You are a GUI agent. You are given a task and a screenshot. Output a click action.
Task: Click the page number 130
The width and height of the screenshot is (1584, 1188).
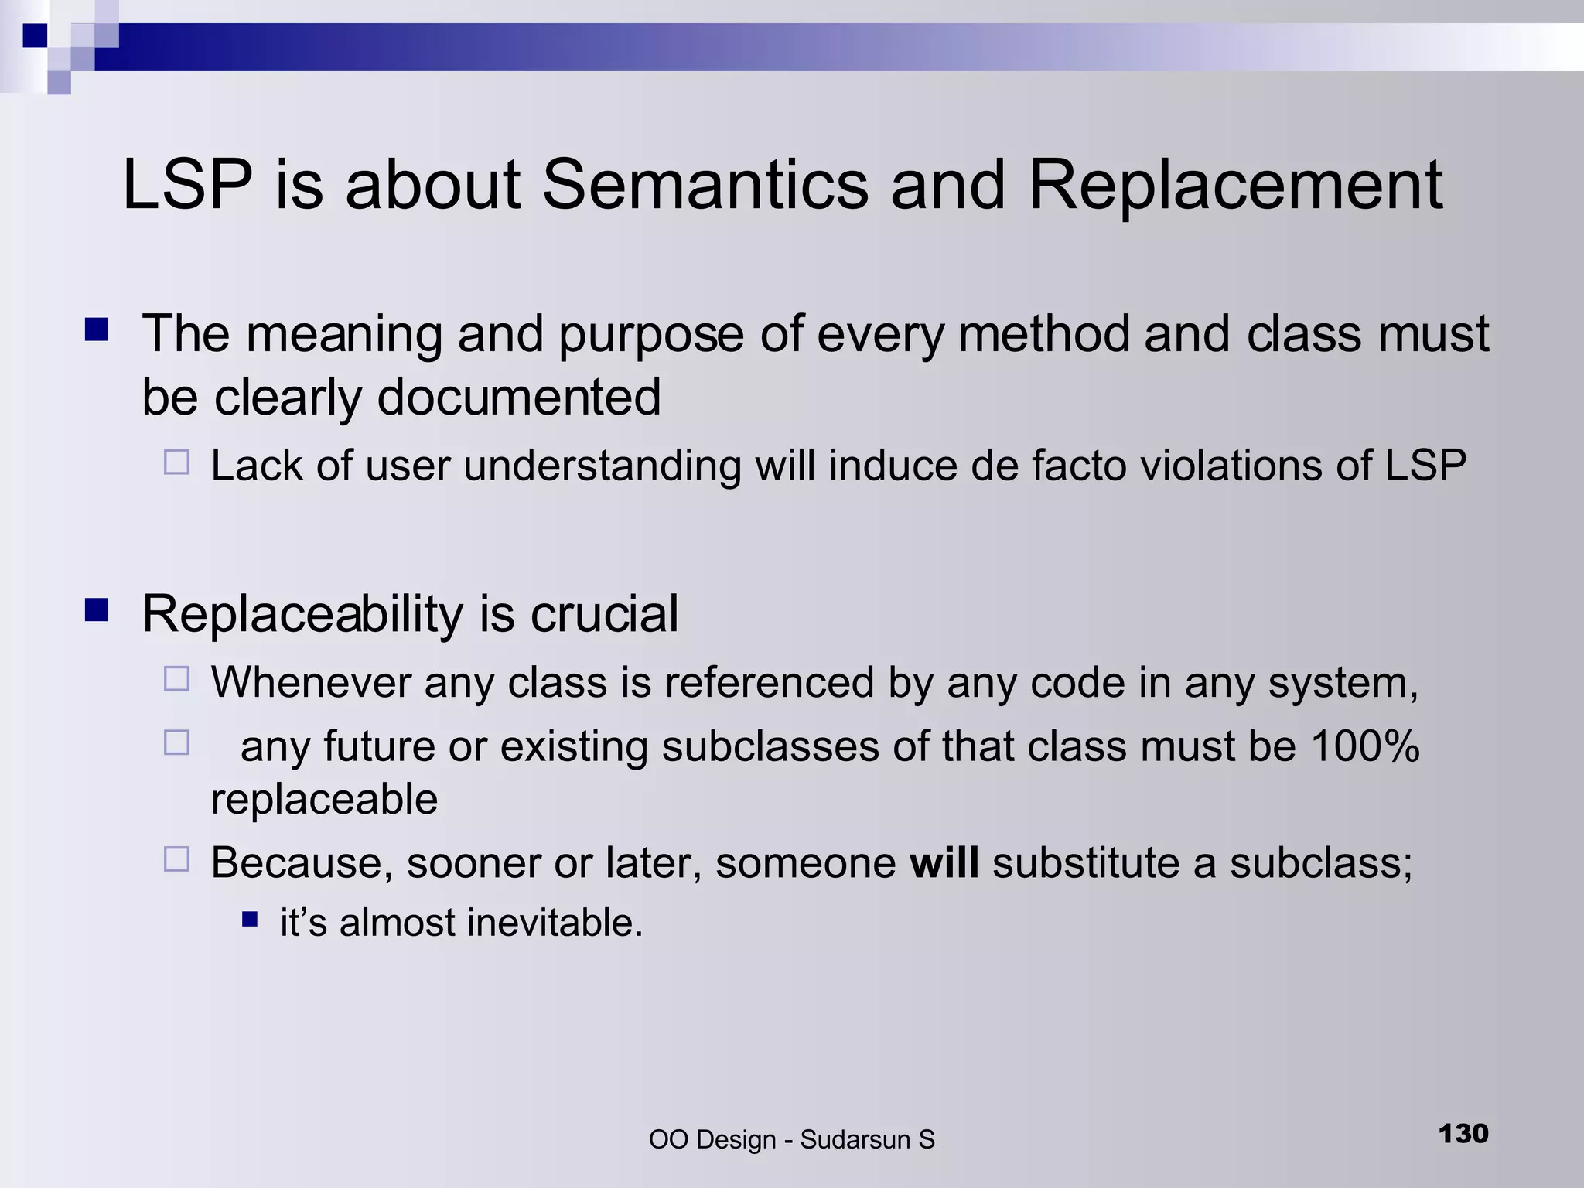click(1463, 1134)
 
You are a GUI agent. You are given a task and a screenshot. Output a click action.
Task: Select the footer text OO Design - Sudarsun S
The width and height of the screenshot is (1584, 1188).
click(791, 1139)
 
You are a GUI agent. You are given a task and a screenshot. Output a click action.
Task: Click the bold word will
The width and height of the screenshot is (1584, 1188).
click(944, 862)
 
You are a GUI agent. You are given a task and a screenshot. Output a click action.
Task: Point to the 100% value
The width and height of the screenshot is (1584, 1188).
click(1365, 746)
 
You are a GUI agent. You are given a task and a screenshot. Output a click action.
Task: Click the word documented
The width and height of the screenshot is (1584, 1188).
click(518, 397)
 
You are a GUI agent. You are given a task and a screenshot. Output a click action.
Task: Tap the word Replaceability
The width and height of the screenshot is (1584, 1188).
click(302, 614)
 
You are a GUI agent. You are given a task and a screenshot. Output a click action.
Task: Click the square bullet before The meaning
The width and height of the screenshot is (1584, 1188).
click(97, 331)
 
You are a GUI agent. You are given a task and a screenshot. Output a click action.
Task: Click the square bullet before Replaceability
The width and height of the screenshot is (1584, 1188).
click(97, 611)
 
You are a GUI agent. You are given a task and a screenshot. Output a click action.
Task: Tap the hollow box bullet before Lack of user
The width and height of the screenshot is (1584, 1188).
click(177, 463)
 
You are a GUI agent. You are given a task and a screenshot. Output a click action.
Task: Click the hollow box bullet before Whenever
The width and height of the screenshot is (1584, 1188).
click(177, 680)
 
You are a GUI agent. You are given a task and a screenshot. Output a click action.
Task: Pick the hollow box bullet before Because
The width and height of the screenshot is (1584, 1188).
click(177, 859)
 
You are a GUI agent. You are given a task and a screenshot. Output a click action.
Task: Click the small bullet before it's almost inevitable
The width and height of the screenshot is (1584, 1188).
click(249, 920)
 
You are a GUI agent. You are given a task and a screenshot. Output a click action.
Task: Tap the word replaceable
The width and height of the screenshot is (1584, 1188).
click(324, 799)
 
